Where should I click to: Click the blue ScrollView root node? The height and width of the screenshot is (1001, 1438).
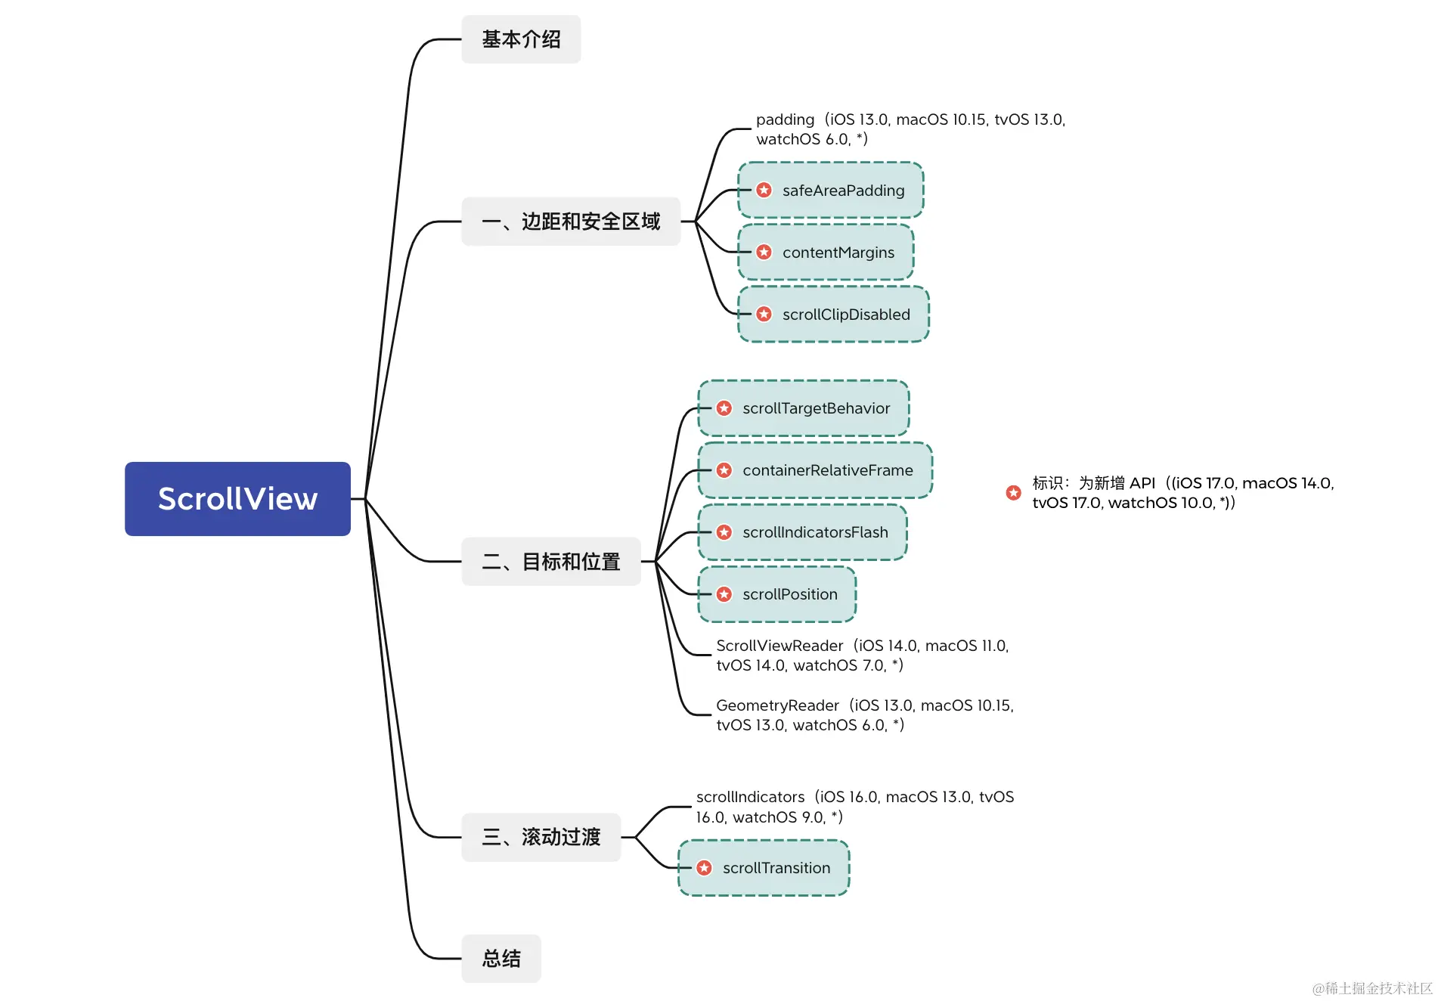[237, 499]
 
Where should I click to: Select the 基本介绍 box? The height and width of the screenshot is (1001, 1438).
[521, 39]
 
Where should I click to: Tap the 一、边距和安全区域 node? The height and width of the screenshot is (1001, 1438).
[571, 222]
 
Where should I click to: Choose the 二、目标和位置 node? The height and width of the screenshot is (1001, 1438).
[551, 562]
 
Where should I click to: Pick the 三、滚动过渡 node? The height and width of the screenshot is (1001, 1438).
[541, 837]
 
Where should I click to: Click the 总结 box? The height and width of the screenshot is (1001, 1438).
[501, 959]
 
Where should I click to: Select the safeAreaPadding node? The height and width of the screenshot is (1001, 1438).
[831, 191]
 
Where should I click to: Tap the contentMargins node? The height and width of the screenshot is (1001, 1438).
[826, 253]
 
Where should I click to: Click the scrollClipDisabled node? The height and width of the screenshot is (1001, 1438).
[833, 315]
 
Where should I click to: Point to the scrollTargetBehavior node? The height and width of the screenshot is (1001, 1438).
[804, 408]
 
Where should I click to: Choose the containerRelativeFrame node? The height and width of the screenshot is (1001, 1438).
[815, 470]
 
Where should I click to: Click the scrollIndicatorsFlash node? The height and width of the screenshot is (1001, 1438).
[802, 532]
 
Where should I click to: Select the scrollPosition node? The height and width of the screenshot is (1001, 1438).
[777, 594]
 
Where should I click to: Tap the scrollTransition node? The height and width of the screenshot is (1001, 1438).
[764, 868]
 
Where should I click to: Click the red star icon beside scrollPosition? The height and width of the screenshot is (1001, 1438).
[724, 594]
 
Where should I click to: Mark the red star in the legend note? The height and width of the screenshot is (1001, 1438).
[1014, 493]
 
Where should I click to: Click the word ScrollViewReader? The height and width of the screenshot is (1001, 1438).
[779, 646]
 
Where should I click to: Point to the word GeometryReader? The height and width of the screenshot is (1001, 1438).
[777, 705]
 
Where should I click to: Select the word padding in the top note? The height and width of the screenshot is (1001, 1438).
[785, 119]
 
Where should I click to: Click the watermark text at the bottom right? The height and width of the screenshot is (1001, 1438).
[1371, 988]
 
